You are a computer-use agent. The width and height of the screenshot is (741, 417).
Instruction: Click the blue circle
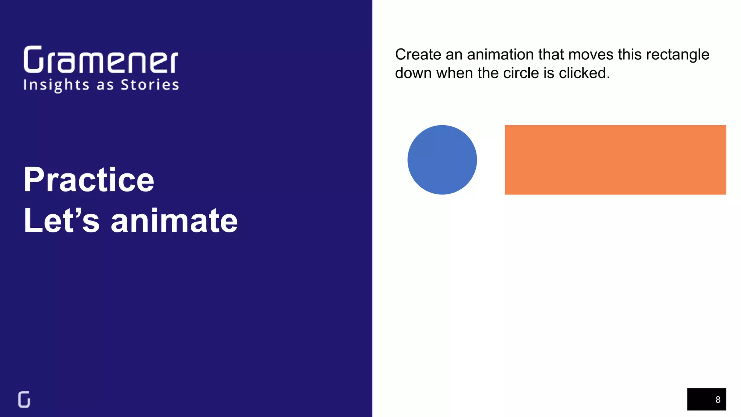(x=442, y=160)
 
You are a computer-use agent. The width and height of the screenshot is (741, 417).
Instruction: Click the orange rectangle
(x=615, y=160)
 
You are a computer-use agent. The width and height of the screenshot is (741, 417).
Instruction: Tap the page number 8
(x=718, y=400)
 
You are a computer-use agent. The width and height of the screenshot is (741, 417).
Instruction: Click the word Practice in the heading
(x=89, y=180)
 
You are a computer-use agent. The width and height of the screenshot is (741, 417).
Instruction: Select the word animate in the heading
(x=174, y=221)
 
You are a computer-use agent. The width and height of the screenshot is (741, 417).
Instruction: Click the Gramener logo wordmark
(x=101, y=60)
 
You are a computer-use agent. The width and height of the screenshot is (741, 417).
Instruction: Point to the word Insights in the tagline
(x=56, y=85)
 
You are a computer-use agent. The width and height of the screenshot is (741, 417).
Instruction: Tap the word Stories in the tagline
(x=150, y=85)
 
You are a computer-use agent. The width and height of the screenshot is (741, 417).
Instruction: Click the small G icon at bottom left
(x=24, y=399)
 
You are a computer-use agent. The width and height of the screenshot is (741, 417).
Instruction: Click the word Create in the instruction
(x=418, y=55)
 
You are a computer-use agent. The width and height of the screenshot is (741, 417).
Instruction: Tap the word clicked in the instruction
(x=584, y=73)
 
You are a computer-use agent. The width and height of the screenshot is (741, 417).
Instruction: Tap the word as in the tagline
(x=105, y=85)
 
